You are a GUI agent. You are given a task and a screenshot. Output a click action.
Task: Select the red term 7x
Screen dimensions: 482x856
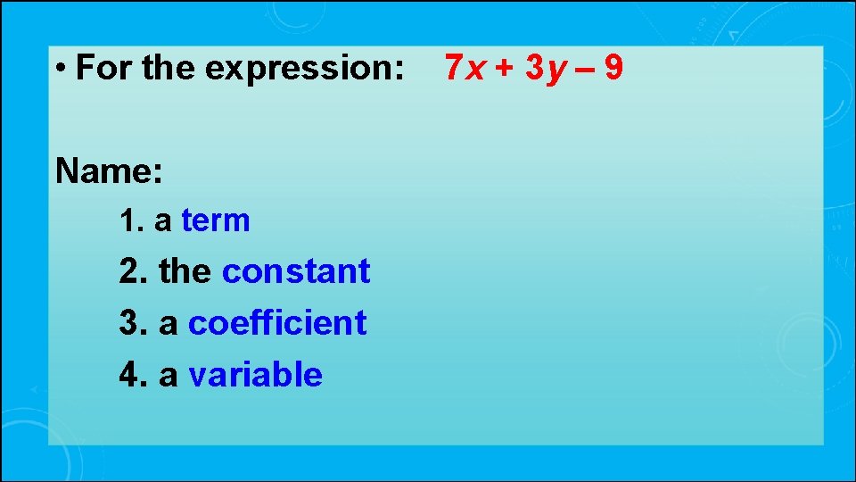tap(465, 67)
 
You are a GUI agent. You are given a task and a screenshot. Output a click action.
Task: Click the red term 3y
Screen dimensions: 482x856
tap(547, 67)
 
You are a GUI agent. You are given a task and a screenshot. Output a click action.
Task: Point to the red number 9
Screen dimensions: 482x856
tap(613, 67)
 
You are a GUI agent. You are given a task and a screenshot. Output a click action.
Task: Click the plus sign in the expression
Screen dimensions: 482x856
tap(506, 67)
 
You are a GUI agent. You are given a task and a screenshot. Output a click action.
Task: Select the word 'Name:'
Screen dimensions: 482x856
tap(109, 170)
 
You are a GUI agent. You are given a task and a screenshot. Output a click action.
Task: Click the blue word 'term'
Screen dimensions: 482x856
tap(216, 220)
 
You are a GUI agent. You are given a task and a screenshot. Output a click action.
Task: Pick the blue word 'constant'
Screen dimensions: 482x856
tap(296, 271)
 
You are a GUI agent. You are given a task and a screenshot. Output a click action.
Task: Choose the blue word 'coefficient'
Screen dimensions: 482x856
tap(277, 323)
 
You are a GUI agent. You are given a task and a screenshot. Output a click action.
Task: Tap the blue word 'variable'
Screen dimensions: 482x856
tap(255, 375)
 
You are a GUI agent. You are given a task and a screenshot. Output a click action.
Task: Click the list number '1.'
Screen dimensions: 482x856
tap(132, 220)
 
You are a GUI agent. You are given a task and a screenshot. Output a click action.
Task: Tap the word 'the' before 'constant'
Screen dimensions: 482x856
tap(185, 271)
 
